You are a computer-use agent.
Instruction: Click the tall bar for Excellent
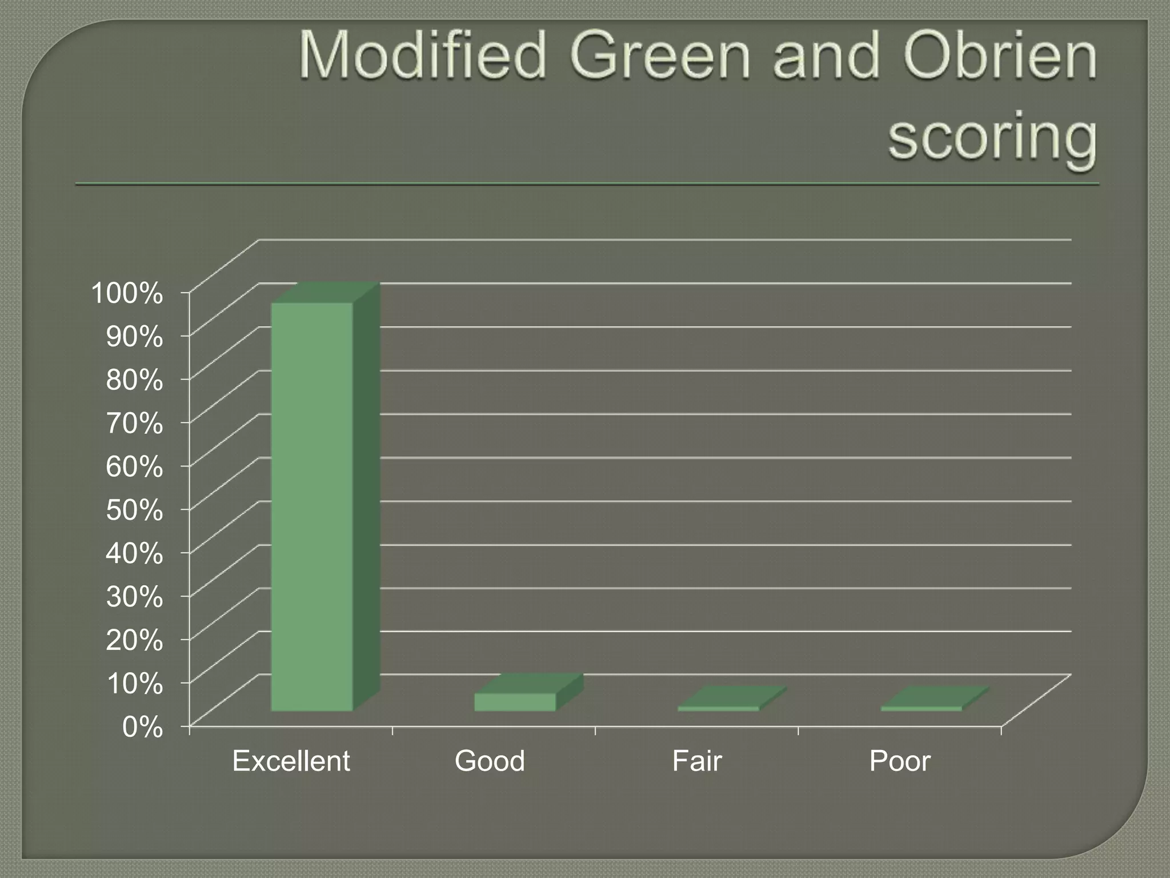coord(312,506)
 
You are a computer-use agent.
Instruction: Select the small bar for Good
coord(515,702)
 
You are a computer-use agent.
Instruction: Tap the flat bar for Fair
coord(719,708)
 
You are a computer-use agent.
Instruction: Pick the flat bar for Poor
coord(921,708)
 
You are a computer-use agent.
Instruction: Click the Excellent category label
coord(291,761)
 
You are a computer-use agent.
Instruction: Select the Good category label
coord(490,761)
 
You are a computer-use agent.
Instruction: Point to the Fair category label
coord(697,761)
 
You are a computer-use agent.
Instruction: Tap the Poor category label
coord(900,761)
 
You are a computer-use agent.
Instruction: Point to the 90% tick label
coord(134,337)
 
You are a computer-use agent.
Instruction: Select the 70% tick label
coord(134,424)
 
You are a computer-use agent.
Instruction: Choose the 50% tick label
coord(134,510)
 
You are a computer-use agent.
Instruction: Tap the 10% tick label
coord(134,684)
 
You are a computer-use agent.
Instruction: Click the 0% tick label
coord(142,728)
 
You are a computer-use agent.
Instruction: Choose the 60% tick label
coord(134,467)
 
